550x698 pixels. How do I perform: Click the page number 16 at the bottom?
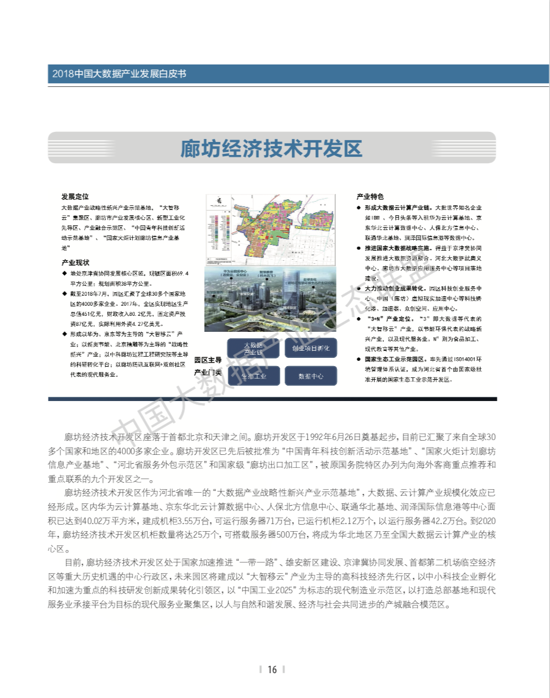(x=272, y=670)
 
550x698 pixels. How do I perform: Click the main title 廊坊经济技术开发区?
(x=271, y=148)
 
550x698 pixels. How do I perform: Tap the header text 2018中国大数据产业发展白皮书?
(x=119, y=74)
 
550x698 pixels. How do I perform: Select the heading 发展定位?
(x=75, y=196)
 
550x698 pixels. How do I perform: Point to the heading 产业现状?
(x=75, y=262)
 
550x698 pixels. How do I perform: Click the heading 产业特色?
(x=370, y=196)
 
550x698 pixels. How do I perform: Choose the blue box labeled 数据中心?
(x=310, y=376)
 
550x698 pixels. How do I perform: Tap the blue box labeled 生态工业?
(x=253, y=376)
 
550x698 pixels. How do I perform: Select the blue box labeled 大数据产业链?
(x=253, y=348)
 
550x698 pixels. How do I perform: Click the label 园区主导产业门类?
(x=208, y=366)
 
